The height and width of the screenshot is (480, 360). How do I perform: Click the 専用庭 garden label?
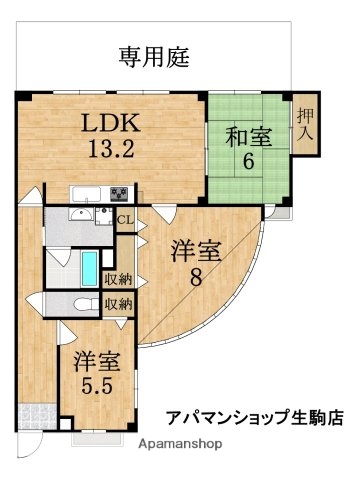[155, 54]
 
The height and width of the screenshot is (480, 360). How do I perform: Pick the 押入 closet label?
[306, 122]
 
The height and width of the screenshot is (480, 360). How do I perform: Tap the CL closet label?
[125, 221]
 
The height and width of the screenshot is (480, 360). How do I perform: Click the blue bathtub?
[89, 268]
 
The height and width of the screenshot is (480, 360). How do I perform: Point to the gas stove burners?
[120, 194]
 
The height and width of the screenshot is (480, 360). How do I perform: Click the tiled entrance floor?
[36, 416]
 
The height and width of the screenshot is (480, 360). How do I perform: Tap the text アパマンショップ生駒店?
[254, 419]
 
